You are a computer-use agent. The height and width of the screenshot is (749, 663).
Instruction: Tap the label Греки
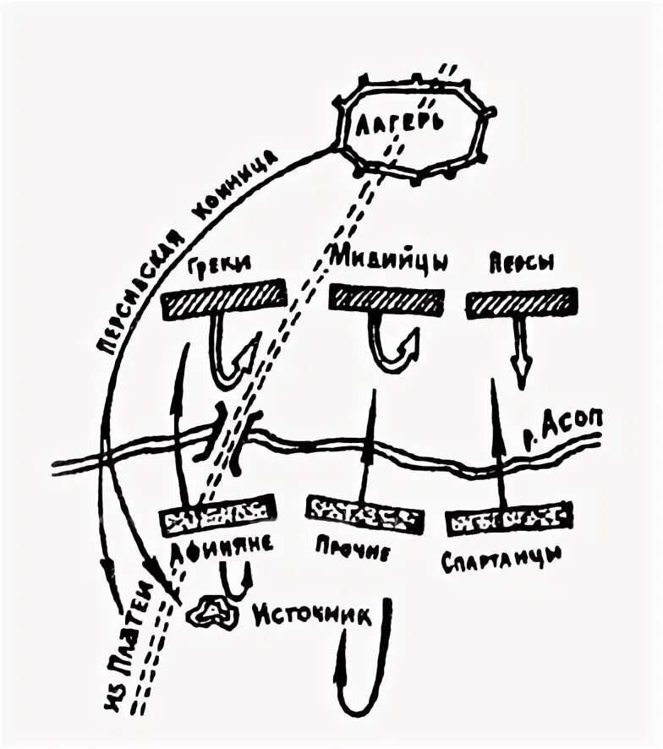pyautogui.click(x=216, y=263)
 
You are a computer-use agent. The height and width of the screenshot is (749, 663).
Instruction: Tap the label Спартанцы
pyautogui.click(x=501, y=560)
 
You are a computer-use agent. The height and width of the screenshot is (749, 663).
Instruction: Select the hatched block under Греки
pyautogui.click(x=221, y=301)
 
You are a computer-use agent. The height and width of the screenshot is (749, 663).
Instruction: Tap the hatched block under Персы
pyautogui.click(x=522, y=301)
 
